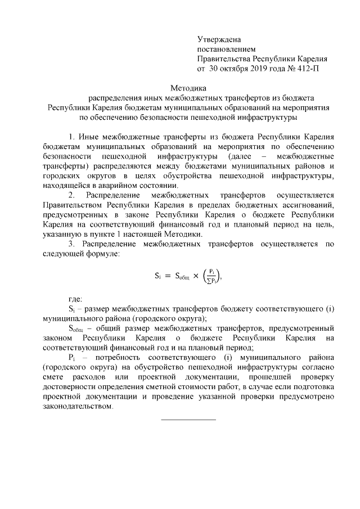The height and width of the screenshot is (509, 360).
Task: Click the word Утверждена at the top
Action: click(x=219, y=39)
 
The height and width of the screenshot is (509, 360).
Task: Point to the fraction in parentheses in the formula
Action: click(x=216, y=276)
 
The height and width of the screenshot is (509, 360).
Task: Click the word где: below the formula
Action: click(x=75, y=299)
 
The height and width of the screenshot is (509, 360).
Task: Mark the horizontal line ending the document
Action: click(x=188, y=420)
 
